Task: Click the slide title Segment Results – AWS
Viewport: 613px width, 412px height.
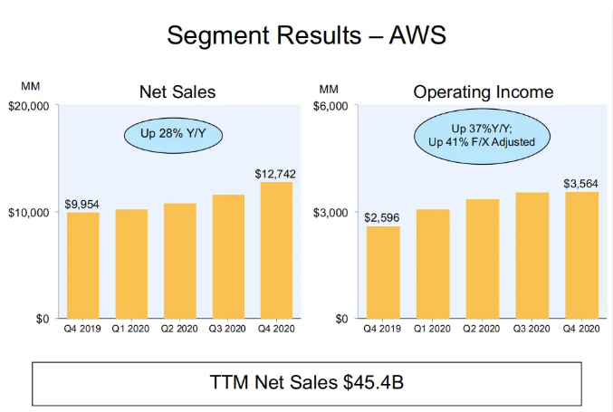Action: (x=307, y=36)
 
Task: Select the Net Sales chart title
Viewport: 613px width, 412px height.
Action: (x=177, y=91)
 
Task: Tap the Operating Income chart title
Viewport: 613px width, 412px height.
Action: (x=483, y=91)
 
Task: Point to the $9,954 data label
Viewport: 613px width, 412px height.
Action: (x=82, y=204)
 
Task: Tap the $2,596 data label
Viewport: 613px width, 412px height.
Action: (x=383, y=217)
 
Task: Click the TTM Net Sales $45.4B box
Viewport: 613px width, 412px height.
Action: (x=306, y=382)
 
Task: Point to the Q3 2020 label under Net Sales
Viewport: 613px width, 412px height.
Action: (x=227, y=330)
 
